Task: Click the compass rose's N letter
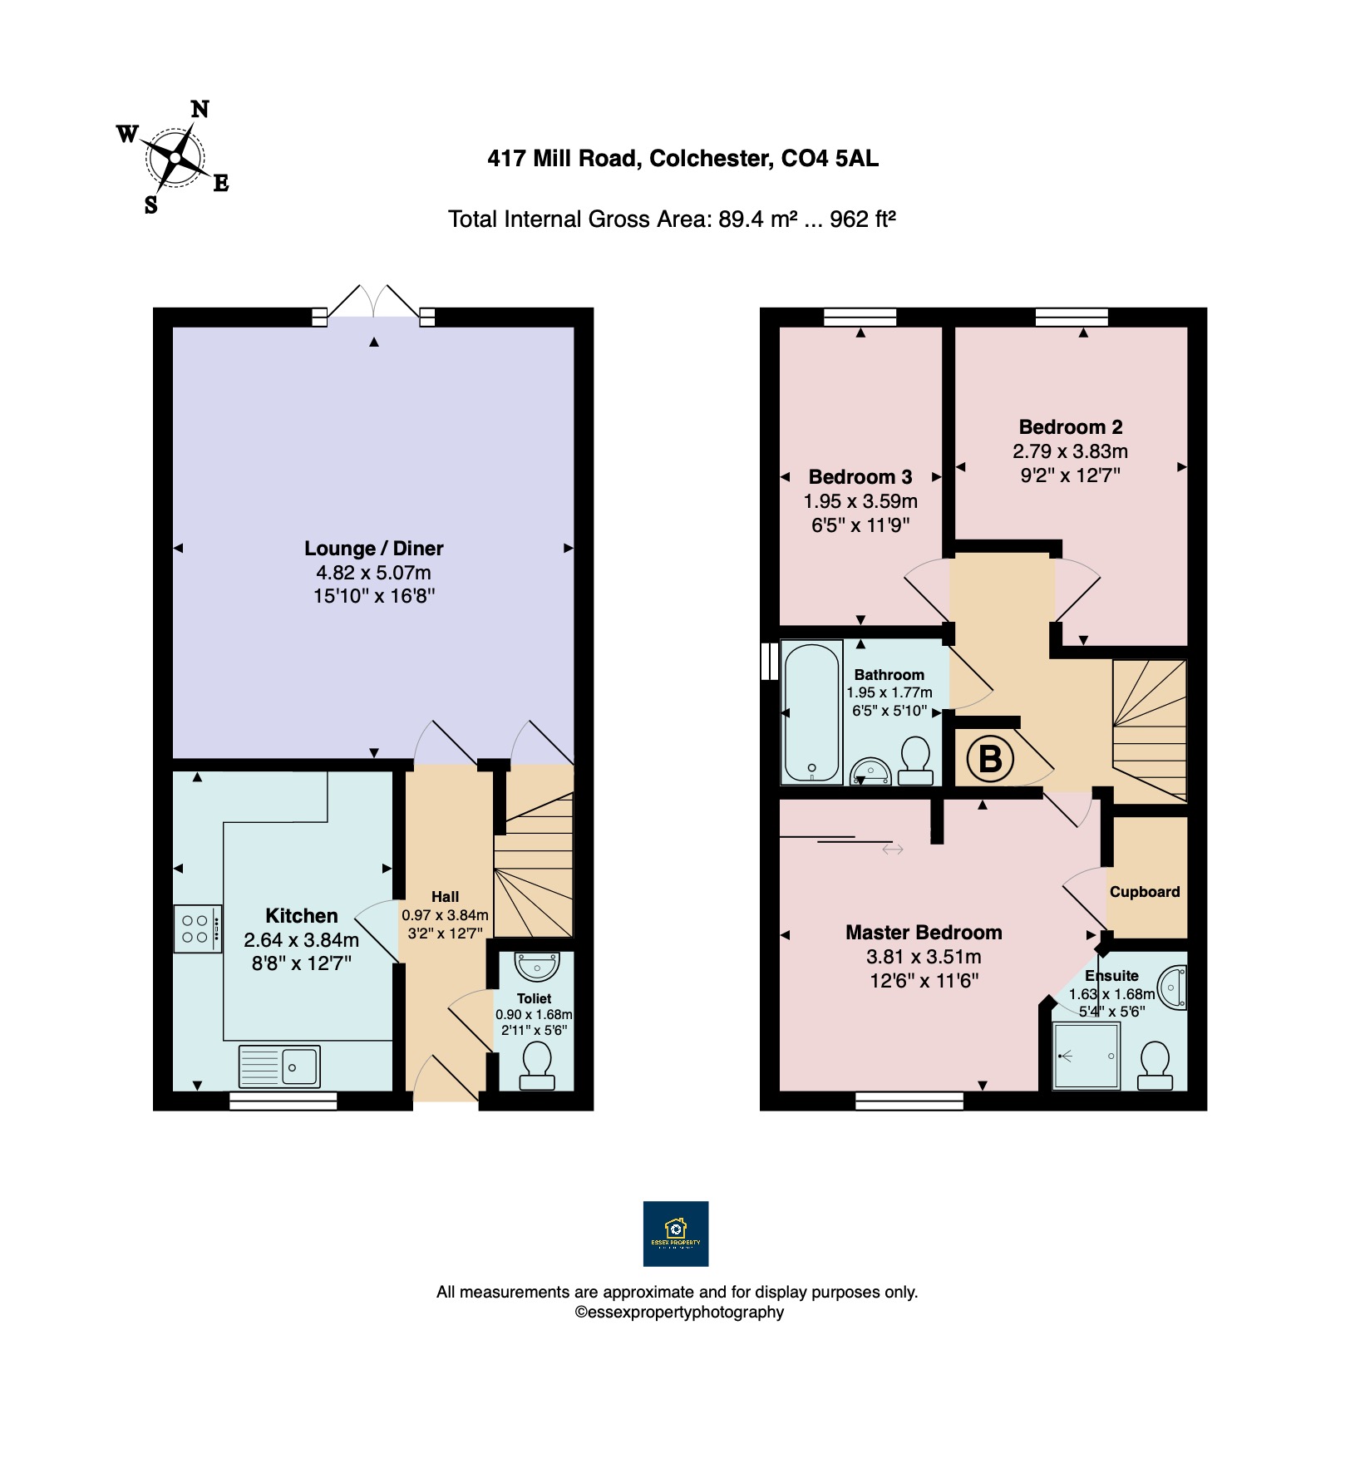pos(200,109)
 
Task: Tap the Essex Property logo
pos(676,1234)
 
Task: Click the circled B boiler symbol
pos(990,758)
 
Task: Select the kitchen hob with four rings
pos(198,929)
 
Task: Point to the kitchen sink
pos(279,1066)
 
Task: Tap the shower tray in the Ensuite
pos(1087,1055)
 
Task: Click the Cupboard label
pos(1145,892)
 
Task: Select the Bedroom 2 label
pos(1071,427)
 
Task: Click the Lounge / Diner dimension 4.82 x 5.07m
pos(374,573)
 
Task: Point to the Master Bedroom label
pos(924,933)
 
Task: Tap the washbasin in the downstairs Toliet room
pos(537,967)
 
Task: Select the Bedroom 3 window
pos(860,317)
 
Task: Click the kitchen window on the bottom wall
pos(283,1101)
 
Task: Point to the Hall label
pos(445,897)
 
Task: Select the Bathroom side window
pos(770,661)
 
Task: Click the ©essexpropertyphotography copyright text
pos(679,1313)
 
